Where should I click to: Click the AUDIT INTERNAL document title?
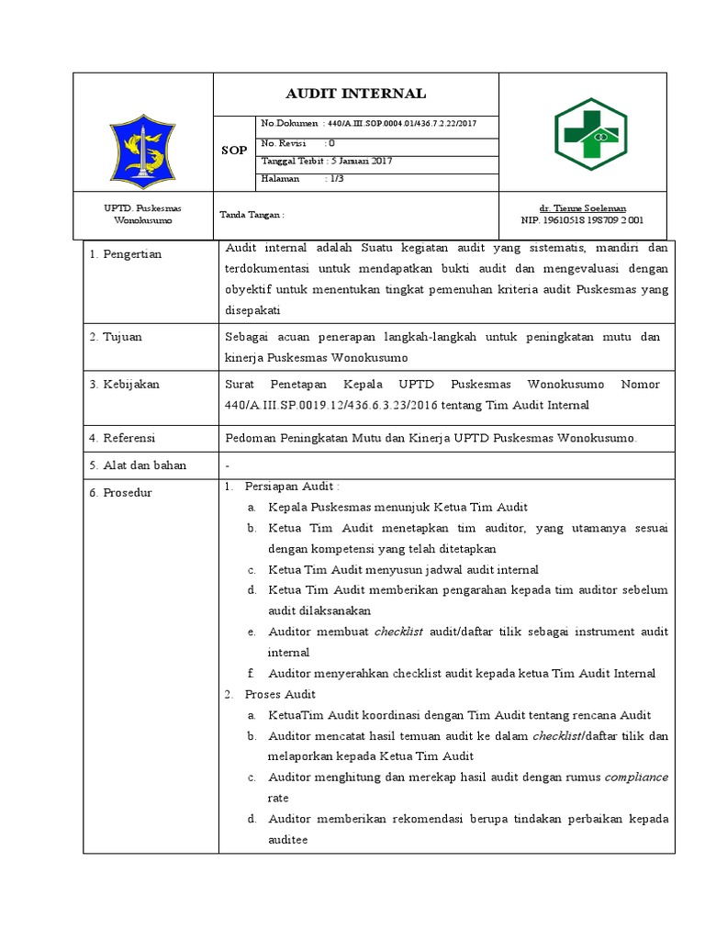pyautogui.click(x=355, y=94)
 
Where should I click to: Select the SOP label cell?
pyautogui.click(x=234, y=151)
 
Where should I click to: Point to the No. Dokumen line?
pyautogui.click(x=367, y=123)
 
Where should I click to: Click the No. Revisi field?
pyautogui.click(x=298, y=143)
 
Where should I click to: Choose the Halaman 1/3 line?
pyautogui.click(x=296, y=179)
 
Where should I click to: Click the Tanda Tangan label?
pyautogui.click(x=252, y=215)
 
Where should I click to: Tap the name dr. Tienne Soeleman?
pyautogui.click(x=582, y=208)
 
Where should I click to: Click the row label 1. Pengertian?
pyautogui.click(x=126, y=254)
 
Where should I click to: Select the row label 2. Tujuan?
pyautogui.click(x=116, y=337)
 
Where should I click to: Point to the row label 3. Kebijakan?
pyautogui.click(x=125, y=385)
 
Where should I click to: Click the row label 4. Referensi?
pyautogui.click(x=123, y=438)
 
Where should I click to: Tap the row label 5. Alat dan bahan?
pyautogui.click(x=138, y=465)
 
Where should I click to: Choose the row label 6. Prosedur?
pyautogui.click(x=120, y=492)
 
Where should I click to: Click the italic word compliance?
pyautogui.click(x=636, y=777)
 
